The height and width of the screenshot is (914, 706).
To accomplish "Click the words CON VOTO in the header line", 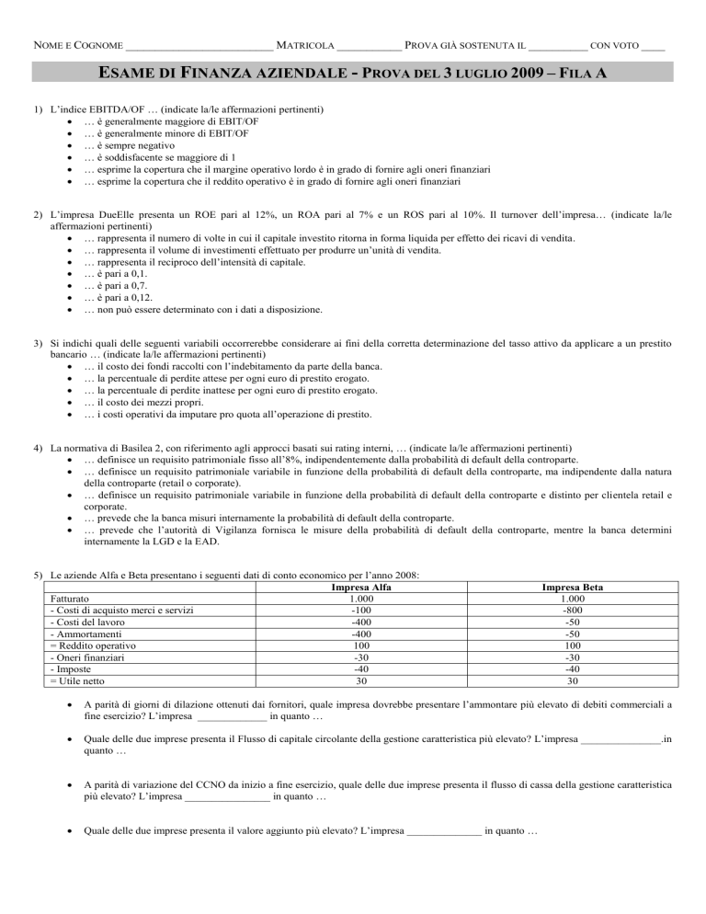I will click(x=614, y=44).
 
